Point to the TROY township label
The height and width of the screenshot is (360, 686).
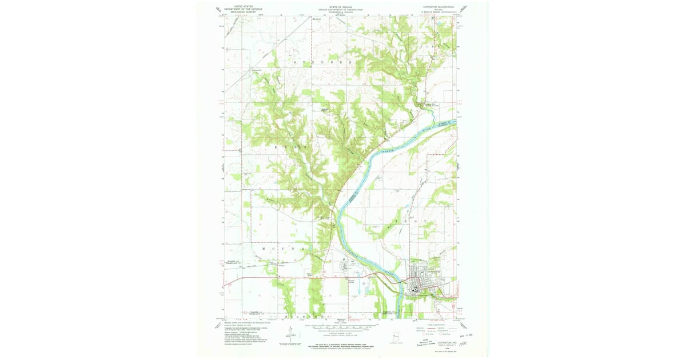(x=409, y=221)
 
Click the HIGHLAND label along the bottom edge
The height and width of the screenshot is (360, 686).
(x=303, y=315)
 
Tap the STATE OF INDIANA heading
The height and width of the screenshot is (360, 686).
(x=340, y=6)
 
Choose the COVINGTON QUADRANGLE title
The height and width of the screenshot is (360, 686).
(x=436, y=6)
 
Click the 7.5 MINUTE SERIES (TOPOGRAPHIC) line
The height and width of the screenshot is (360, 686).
(x=436, y=11)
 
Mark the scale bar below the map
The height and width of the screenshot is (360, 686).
(x=340, y=328)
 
